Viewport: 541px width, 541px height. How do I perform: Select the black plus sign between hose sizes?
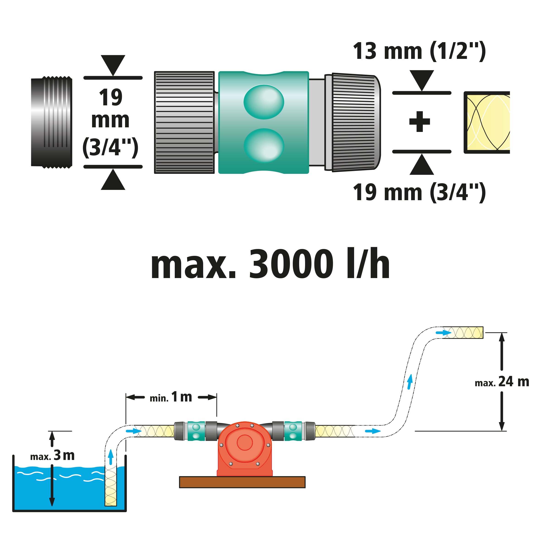(x=419, y=122)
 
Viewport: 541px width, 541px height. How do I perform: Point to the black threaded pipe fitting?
(x=52, y=122)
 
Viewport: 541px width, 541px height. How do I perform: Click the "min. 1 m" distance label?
(x=171, y=397)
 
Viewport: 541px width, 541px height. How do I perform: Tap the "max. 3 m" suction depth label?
(x=52, y=456)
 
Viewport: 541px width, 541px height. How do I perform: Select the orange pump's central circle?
(x=244, y=443)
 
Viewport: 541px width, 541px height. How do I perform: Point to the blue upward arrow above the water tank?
(x=111, y=457)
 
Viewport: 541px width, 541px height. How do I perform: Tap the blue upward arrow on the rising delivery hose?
(x=410, y=382)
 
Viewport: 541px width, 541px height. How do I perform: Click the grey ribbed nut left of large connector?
(x=184, y=122)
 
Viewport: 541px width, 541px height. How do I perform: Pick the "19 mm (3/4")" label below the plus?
(x=419, y=192)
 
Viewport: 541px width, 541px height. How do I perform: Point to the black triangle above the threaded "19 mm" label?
(x=113, y=65)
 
